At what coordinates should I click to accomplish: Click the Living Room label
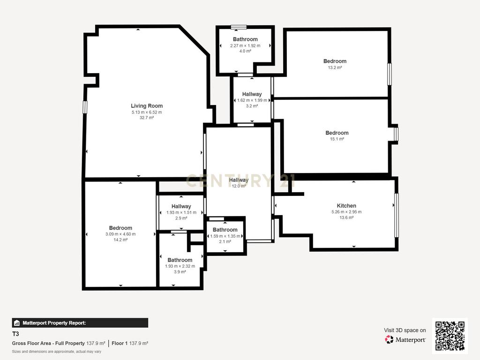pos(147,106)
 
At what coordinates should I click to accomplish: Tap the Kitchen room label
pos(346,206)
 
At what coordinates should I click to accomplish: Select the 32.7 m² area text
pos(147,118)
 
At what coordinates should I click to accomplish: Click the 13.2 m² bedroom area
pos(335,67)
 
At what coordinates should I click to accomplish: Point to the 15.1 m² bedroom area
pos(337,139)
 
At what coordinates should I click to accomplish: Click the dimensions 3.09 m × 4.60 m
pos(120,234)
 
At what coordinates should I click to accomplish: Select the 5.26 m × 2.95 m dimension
pos(346,212)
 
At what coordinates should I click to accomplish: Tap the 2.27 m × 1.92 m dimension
pos(245,45)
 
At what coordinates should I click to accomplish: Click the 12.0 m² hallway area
pos(239,186)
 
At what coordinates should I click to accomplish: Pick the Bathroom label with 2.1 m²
pos(225,230)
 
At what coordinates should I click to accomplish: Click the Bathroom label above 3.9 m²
pos(180,260)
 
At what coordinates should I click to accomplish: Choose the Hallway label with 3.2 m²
pos(252,94)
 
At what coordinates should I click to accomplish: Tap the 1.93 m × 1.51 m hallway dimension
pos(181,212)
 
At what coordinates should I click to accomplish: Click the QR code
pos(450,336)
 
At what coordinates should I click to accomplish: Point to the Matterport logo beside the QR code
pos(405,339)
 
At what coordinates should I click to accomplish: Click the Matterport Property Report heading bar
pos(80,323)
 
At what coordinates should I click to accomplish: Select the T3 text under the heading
pos(15,334)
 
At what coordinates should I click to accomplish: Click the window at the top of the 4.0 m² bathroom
pos(239,27)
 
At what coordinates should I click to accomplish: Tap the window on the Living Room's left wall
pos(85,107)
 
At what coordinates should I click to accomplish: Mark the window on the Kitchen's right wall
pos(397,215)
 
